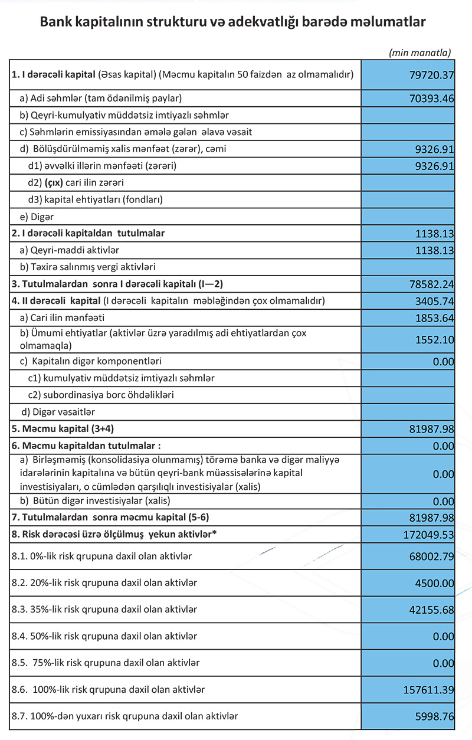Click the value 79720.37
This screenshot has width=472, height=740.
point(431,75)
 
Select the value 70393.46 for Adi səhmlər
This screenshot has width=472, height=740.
point(431,99)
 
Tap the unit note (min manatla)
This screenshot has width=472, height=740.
point(419,53)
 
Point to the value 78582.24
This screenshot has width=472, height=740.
point(431,284)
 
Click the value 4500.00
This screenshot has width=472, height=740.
point(434,583)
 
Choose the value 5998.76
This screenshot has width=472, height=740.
point(434,716)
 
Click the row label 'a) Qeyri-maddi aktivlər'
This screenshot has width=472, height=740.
point(73,250)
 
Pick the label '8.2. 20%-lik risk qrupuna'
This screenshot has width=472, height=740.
point(104,582)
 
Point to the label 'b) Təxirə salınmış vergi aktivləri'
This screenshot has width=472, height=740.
point(87,267)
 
